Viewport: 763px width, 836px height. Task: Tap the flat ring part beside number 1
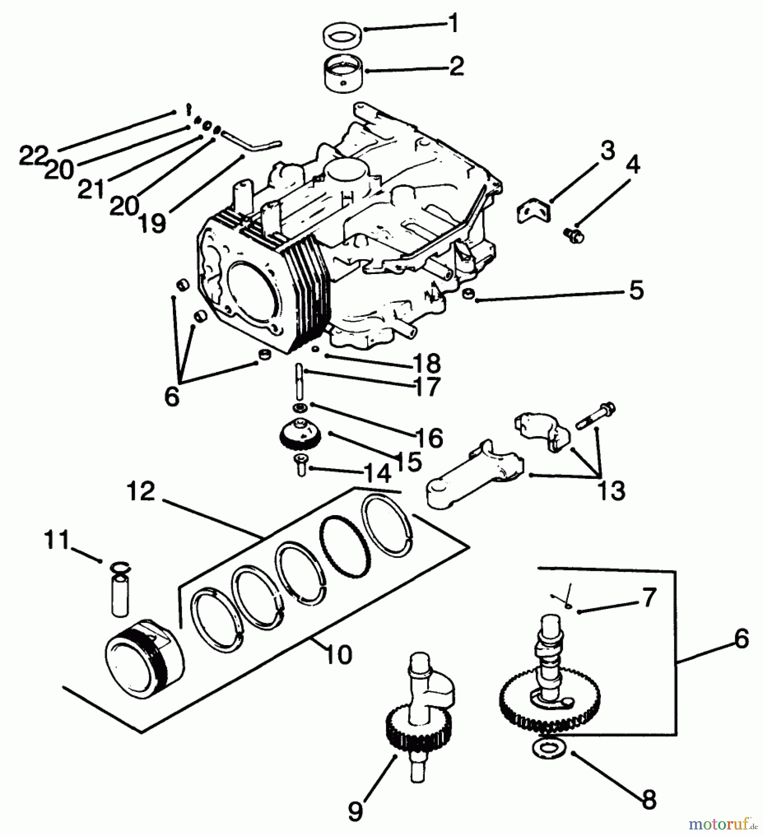343,36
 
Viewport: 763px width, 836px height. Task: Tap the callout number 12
141,491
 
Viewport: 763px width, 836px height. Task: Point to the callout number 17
426,386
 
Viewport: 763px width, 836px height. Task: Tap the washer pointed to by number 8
550,749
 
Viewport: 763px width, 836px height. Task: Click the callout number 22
33,156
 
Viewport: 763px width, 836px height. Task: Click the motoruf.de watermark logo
724,824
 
